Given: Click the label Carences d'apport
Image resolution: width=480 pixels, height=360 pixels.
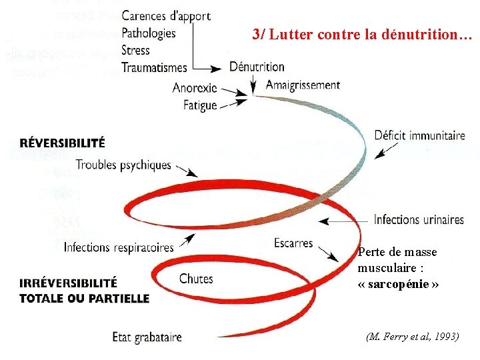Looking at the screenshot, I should [166, 15].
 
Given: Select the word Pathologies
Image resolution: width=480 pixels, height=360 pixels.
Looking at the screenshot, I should [149, 33].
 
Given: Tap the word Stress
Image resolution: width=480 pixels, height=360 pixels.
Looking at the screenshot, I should [135, 50].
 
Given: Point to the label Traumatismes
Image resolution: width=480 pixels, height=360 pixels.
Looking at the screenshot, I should [155, 67].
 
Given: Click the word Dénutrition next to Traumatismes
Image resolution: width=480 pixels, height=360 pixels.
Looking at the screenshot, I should [257, 67].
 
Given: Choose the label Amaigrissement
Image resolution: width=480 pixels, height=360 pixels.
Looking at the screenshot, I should [303, 85].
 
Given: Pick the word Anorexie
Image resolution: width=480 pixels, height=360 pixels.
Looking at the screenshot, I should [195, 88].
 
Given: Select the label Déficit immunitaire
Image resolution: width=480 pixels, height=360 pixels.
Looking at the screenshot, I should [420, 135].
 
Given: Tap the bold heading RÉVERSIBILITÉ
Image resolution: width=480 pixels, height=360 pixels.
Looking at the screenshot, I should [62, 143].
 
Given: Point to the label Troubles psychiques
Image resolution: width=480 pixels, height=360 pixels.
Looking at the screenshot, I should [123, 165].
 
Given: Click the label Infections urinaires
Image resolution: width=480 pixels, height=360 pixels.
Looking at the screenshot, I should [419, 219].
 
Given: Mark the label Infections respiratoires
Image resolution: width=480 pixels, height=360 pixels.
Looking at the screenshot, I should [119, 247].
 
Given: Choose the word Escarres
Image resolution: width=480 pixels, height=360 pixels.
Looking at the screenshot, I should [293, 243].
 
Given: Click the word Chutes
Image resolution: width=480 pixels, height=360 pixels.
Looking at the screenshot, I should [196, 279].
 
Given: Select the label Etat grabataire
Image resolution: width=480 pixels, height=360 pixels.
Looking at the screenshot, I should [147, 337].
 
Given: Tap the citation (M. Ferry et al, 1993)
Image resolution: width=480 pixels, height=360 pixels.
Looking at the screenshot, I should [413, 337].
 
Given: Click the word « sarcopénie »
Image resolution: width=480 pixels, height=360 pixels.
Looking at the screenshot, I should [398, 283].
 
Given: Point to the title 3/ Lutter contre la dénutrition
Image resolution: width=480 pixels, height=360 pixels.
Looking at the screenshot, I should [362, 36].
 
